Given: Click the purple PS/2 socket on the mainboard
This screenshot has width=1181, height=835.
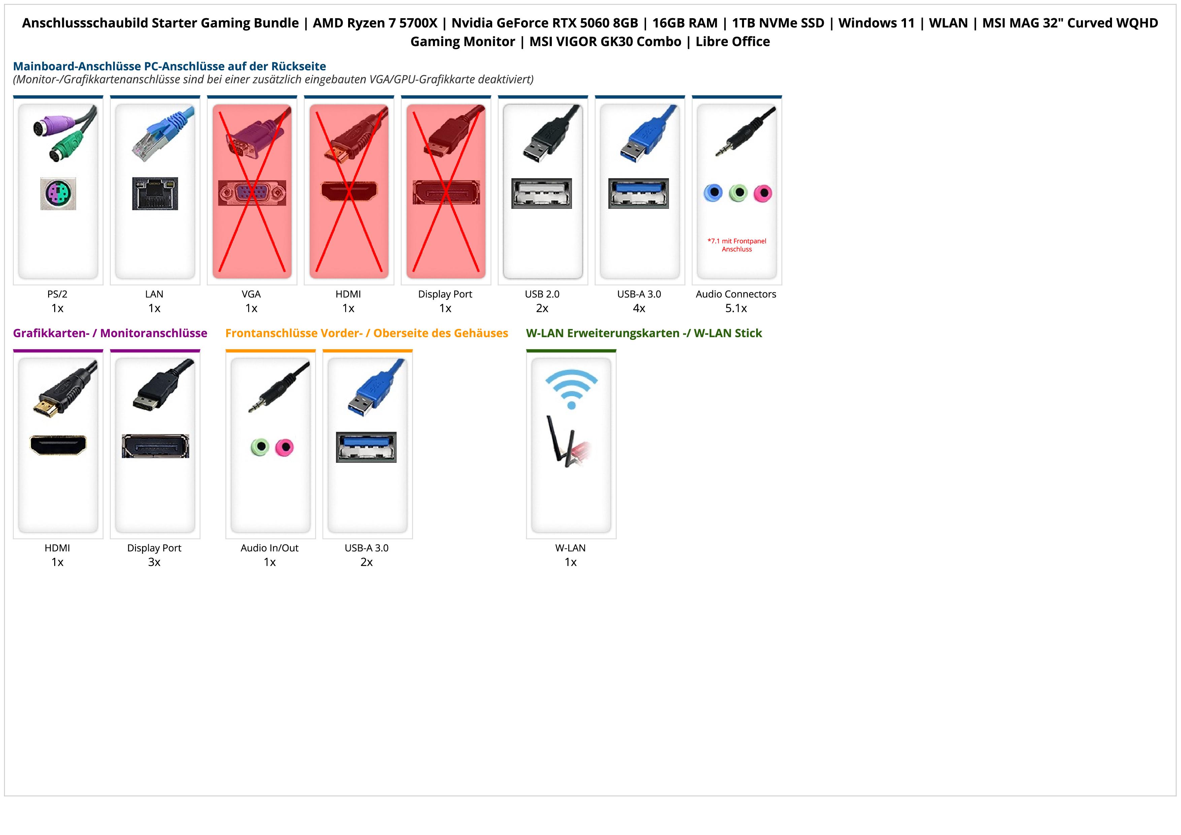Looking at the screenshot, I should (x=58, y=194).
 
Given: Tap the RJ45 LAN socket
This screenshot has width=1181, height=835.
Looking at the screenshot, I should (x=155, y=194).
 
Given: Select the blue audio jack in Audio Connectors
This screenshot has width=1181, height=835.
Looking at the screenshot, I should (x=713, y=193).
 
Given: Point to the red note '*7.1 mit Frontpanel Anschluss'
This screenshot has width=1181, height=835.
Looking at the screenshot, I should (x=737, y=245).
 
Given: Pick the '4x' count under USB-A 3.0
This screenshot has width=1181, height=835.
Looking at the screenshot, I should (x=639, y=308).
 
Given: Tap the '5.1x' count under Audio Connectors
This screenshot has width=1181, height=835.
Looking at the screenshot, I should (x=736, y=308).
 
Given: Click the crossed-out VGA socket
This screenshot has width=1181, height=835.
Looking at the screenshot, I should (x=252, y=193).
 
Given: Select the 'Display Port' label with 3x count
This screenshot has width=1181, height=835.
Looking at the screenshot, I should (x=154, y=548).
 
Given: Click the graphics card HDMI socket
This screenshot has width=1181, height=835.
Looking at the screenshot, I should (x=58, y=445).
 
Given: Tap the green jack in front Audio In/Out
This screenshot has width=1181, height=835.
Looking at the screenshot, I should (x=260, y=447).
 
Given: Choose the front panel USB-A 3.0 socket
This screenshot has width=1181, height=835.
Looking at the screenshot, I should (x=366, y=447).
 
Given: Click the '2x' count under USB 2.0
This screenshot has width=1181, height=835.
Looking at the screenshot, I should (x=542, y=308).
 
